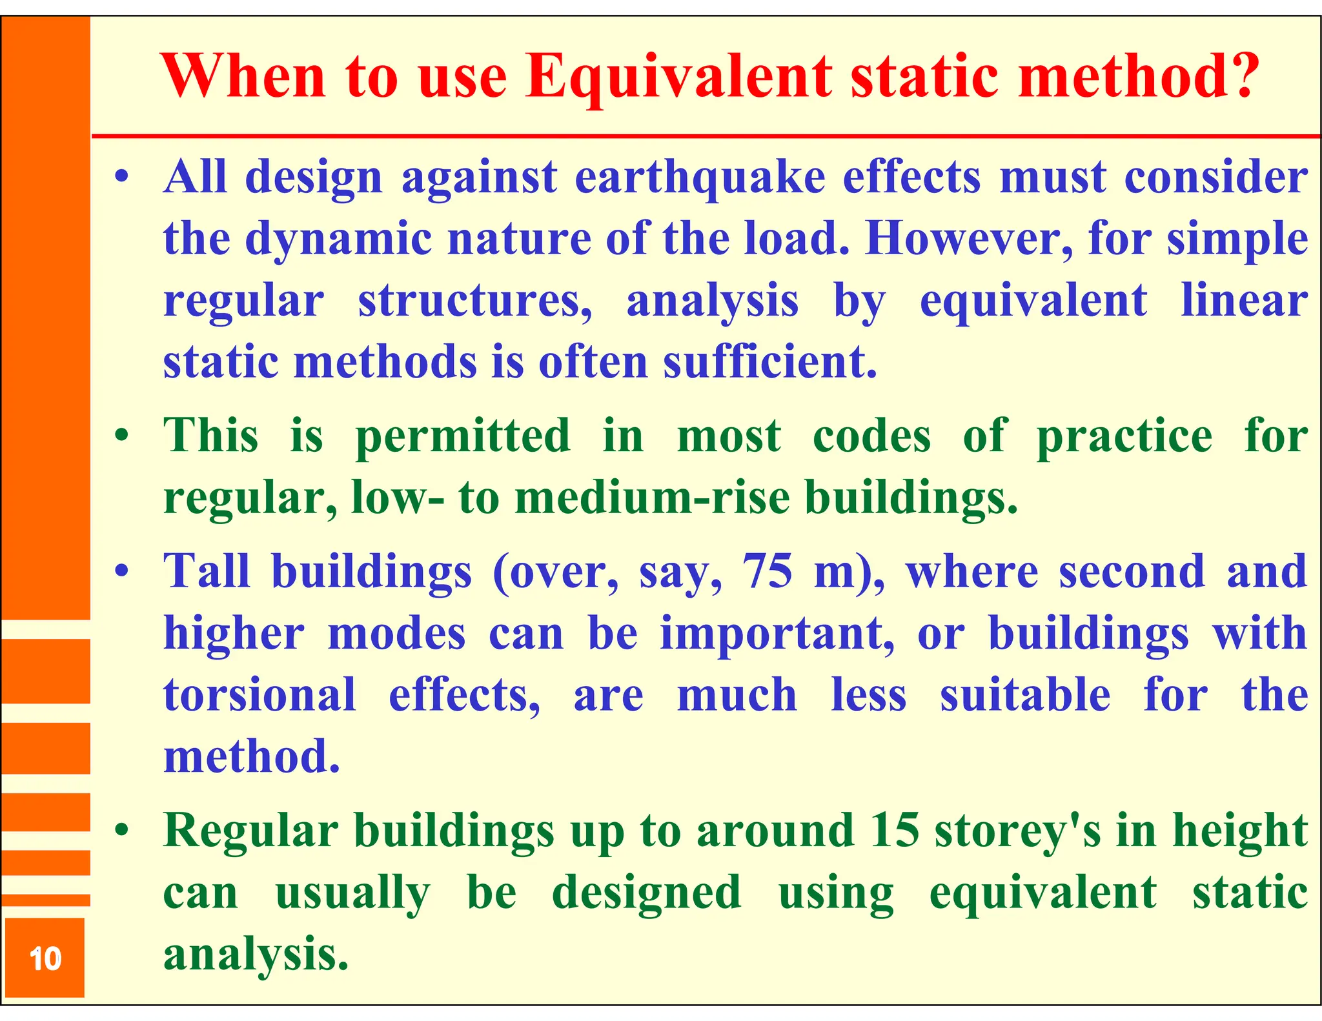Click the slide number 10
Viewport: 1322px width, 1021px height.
(x=45, y=959)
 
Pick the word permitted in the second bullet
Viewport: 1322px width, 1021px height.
(x=463, y=437)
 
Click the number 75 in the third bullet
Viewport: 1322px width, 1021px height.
(x=767, y=572)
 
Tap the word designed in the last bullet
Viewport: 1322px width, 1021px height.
(x=646, y=893)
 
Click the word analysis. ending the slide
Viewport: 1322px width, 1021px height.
(x=256, y=955)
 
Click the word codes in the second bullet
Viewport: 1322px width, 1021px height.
(x=871, y=437)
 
